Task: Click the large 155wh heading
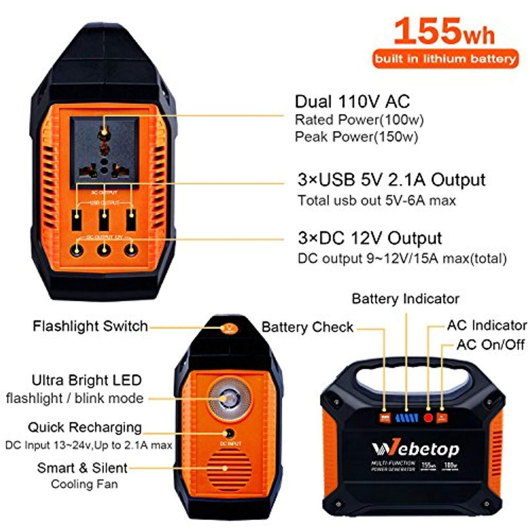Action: [444, 32]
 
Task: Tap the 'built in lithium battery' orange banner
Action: [444, 58]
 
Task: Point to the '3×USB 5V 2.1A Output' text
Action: [391, 180]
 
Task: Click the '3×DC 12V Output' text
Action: [369, 238]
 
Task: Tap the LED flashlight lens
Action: [226, 399]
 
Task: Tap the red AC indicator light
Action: [428, 417]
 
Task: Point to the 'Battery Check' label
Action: [307, 327]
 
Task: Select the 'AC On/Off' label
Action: [491, 345]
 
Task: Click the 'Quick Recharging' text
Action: [85, 428]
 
